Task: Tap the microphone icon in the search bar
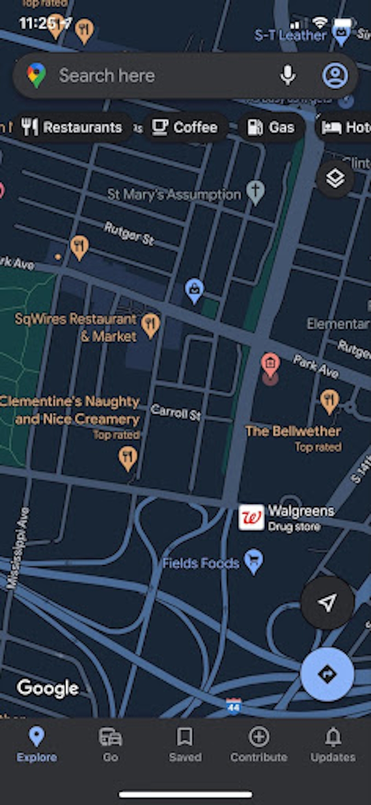(x=288, y=75)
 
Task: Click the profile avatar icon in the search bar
(x=335, y=75)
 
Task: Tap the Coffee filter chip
(x=185, y=127)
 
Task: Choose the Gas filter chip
(x=271, y=127)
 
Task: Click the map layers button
(x=335, y=179)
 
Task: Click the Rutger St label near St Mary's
(x=129, y=233)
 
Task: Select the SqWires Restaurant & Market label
(x=76, y=327)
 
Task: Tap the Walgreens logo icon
(x=251, y=517)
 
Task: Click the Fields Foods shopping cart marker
(x=253, y=561)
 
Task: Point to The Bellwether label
(x=293, y=431)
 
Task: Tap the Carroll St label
(x=176, y=412)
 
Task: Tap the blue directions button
(x=327, y=674)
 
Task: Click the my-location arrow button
(x=327, y=602)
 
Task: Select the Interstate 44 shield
(x=234, y=706)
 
